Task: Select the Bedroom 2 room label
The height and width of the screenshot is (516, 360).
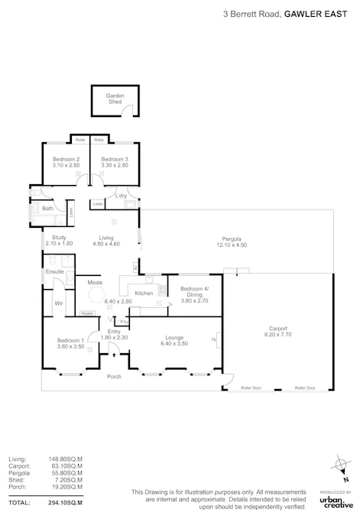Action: [x=66, y=158]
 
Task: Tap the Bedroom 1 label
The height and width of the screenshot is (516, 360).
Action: [x=70, y=340]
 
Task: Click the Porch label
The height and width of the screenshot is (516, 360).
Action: [x=114, y=376]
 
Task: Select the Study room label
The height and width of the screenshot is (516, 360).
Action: [x=60, y=238]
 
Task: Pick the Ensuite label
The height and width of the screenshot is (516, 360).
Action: [x=54, y=271]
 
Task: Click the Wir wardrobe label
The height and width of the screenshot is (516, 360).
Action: [x=57, y=303]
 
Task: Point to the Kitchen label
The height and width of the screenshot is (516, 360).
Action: [x=144, y=294]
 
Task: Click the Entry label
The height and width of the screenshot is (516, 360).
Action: [x=114, y=331]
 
